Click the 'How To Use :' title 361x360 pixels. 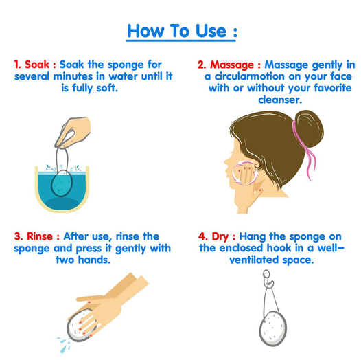(x=182, y=32)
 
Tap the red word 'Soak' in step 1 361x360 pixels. (x=37, y=65)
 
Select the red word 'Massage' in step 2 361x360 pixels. (x=231, y=65)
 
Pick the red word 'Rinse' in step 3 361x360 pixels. (x=40, y=236)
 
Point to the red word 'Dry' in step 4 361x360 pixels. (x=220, y=237)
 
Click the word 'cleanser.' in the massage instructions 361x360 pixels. (x=280, y=100)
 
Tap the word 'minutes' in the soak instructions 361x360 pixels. (x=74, y=76)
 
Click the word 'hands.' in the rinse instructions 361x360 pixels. (x=94, y=260)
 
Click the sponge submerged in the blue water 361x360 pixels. (x=62, y=183)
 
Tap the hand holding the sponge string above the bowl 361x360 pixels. (x=73, y=133)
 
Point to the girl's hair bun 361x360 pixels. (x=309, y=128)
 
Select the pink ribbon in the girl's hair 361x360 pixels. (x=305, y=149)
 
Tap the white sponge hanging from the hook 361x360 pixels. (x=273, y=328)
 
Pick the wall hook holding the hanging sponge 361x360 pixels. (x=268, y=279)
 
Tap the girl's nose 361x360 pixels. (x=226, y=161)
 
